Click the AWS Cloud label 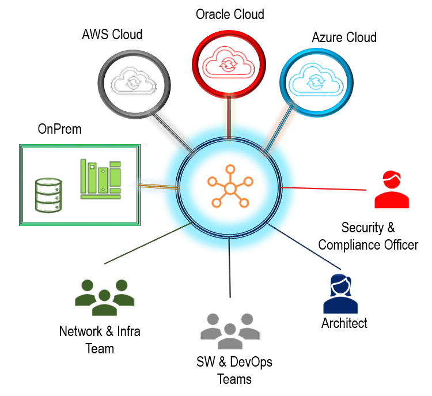coord(112,35)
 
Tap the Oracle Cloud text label coord(230,14)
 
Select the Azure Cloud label coord(344,37)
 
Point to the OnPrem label coord(59,129)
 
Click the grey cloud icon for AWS coord(134,80)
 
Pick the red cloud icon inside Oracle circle coord(229,61)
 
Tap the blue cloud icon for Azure coord(316,80)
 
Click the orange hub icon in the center coord(230,186)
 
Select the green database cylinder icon coord(48,195)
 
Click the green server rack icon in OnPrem coord(101,179)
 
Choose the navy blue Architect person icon coord(340,293)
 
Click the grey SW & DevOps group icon coord(230,331)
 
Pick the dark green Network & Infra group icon coord(104,297)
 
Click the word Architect coord(344,323)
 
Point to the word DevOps coord(251,362)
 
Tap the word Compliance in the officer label coord(350,245)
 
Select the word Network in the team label coord(81,331)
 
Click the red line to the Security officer coord(323,188)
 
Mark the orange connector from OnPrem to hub coord(158,186)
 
